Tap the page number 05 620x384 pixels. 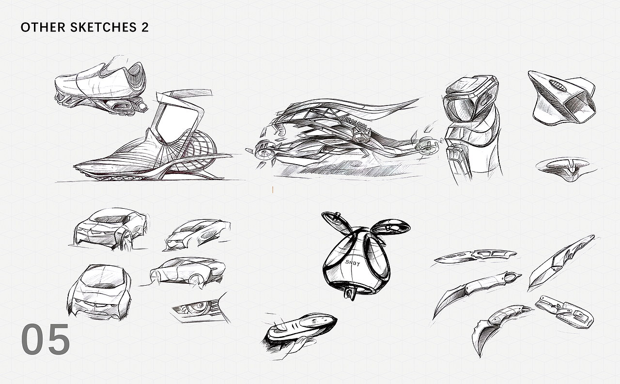click(46, 339)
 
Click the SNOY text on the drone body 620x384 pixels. click(353, 262)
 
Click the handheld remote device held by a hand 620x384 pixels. click(301, 328)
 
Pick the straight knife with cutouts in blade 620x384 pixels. click(475, 256)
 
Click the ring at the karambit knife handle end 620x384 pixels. click(512, 276)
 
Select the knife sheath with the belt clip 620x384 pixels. click(565, 311)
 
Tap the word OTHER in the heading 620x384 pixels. click(43, 27)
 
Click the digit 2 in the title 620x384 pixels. click(145, 27)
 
